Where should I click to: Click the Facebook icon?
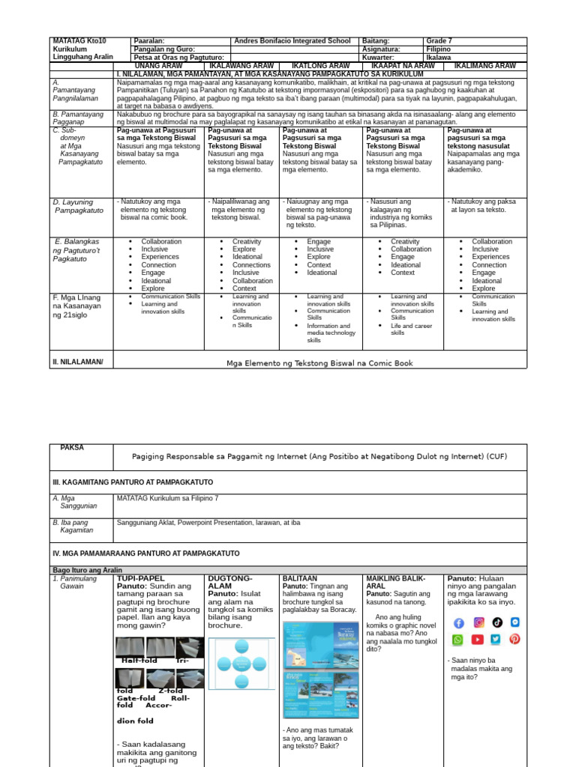pos(458,622)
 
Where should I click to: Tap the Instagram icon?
pos(478,622)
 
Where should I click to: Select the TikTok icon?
pos(496,622)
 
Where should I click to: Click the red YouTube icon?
pos(477,640)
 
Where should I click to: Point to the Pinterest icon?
pos(514,640)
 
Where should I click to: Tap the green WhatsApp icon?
pos(458,640)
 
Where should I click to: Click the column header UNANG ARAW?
pos(158,66)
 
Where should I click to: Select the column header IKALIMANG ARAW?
pos(485,66)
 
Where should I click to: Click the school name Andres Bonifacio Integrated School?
pos(292,41)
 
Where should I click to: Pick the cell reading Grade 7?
pos(439,41)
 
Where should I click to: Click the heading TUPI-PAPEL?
pos(140,578)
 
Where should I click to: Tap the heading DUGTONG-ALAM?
pos(230,582)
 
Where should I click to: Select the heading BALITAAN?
pos(300,578)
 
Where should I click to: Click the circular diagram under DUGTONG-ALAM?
pos(241,664)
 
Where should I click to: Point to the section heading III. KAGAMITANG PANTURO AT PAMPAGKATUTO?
pos(133,482)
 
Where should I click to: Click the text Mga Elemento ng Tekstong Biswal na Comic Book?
pos(319,363)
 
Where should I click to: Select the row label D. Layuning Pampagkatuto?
pos(79,206)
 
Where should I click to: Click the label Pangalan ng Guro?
pos(164,49)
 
